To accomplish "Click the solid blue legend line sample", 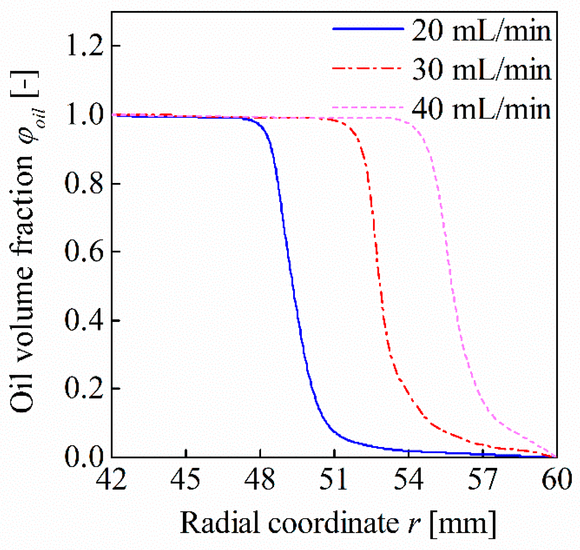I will (368, 29).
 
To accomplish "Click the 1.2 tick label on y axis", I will (85, 46).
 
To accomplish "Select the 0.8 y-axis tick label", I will (84, 184).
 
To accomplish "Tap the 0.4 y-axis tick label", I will (84, 320).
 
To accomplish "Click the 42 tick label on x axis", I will (111, 480).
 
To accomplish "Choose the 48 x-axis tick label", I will (260, 480).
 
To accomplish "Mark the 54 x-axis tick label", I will (408, 480).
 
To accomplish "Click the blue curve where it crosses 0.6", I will (287, 252).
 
